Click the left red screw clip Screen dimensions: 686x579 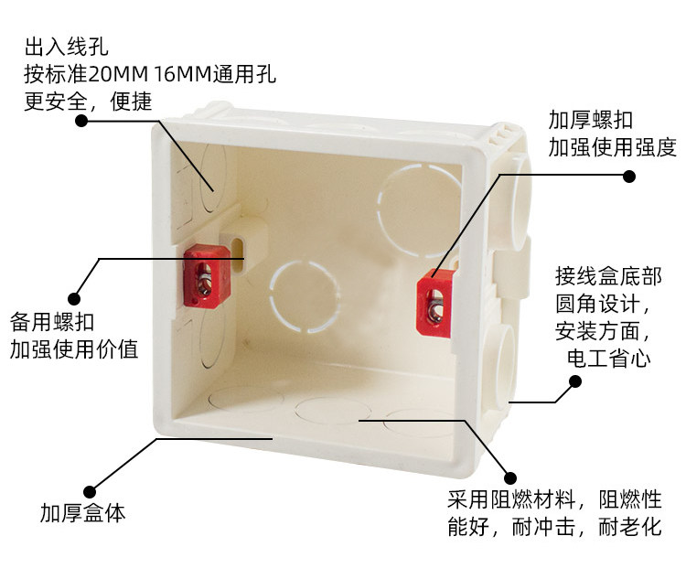coord(207,275)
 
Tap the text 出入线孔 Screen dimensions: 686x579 coord(66,47)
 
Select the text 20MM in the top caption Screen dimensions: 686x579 coord(118,74)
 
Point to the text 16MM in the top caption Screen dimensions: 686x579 coord(183,74)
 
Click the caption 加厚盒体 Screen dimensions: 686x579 coord(82,513)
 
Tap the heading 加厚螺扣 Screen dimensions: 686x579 coord(591,120)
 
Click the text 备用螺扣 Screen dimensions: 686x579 coord(52,322)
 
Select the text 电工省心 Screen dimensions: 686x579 coord(608,358)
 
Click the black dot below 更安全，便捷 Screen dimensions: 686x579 coord(81,121)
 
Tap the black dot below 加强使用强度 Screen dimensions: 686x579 coord(629,177)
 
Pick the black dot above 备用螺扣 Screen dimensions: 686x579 coord(74,299)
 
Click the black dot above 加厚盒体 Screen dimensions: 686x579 coord(90,492)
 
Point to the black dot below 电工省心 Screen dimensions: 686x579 coord(575,381)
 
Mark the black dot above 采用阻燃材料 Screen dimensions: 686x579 coord(509,478)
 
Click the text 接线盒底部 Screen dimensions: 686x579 coord(608,276)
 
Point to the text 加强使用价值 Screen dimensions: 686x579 coord(74,349)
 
